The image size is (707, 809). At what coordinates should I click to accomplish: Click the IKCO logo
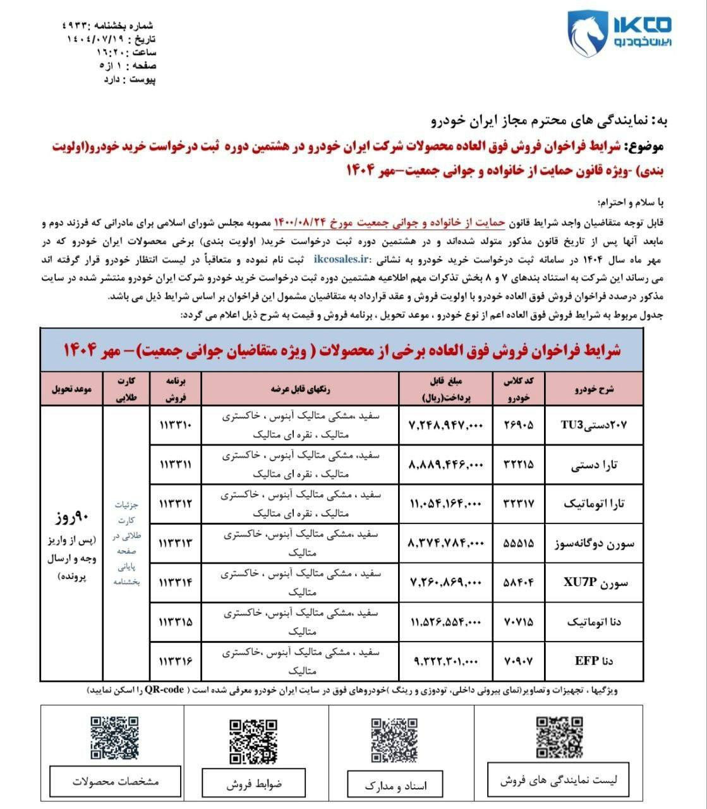(x=619, y=33)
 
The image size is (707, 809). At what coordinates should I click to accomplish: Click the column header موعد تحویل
(x=72, y=390)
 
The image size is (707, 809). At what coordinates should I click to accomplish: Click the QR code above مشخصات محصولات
(x=115, y=738)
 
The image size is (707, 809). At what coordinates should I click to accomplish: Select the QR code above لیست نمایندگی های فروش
(x=560, y=737)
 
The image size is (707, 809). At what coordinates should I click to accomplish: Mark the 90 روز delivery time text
(x=71, y=520)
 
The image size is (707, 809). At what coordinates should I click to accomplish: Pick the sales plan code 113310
(x=176, y=425)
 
